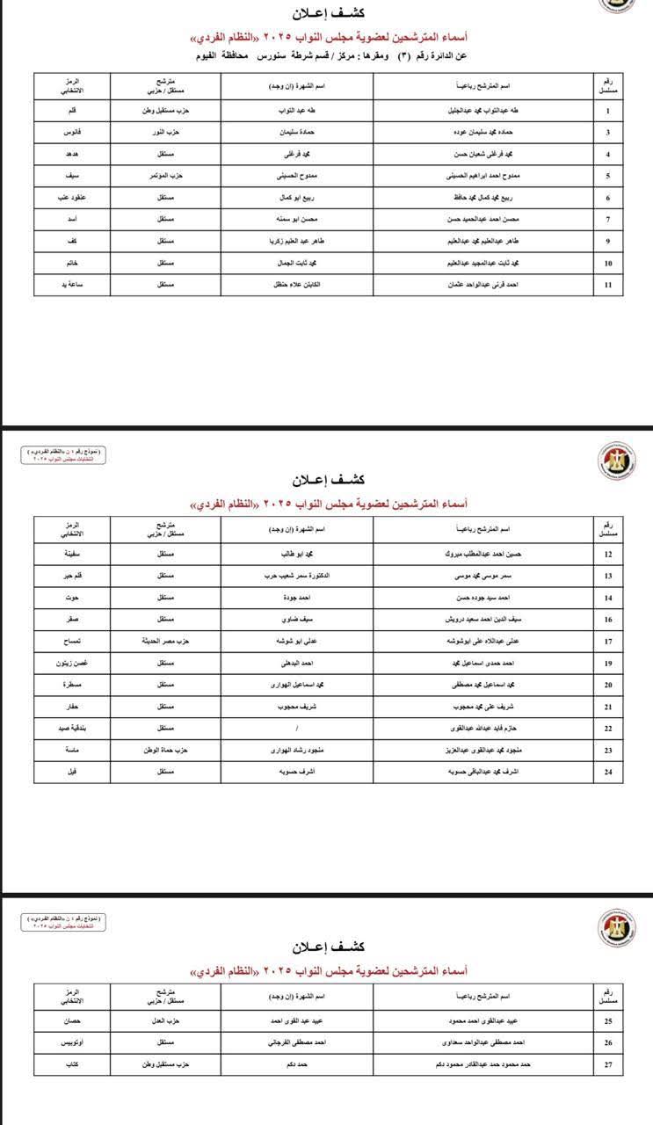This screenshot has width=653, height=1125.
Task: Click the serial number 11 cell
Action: point(608,285)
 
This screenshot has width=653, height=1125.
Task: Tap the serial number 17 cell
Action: point(608,642)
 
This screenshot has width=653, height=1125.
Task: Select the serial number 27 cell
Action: point(608,1064)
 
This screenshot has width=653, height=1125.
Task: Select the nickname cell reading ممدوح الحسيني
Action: point(297,176)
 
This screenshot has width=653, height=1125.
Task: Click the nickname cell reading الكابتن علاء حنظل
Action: point(297,285)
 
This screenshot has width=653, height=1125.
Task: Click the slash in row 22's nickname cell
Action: point(297,729)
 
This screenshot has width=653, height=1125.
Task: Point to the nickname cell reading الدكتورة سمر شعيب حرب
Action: point(297,577)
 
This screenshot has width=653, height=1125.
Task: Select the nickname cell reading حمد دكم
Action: point(297,1064)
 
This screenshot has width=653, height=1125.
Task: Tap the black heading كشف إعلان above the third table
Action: point(327,947)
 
